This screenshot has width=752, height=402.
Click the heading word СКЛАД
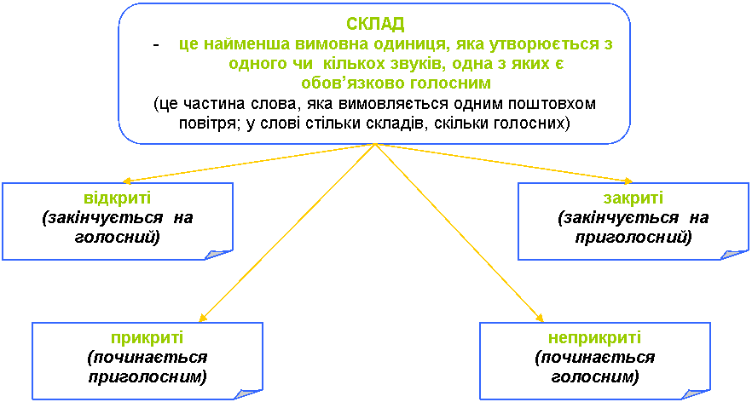(x=375, y=23)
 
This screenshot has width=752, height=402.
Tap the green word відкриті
(x=118, y=198)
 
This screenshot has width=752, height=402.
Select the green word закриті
(x=633, y=198)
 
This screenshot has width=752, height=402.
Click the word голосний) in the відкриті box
(x=117, y=237)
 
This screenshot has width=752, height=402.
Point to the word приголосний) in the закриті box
(x=632, y=237)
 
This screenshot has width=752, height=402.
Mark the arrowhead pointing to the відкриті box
(x=128, y=181)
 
